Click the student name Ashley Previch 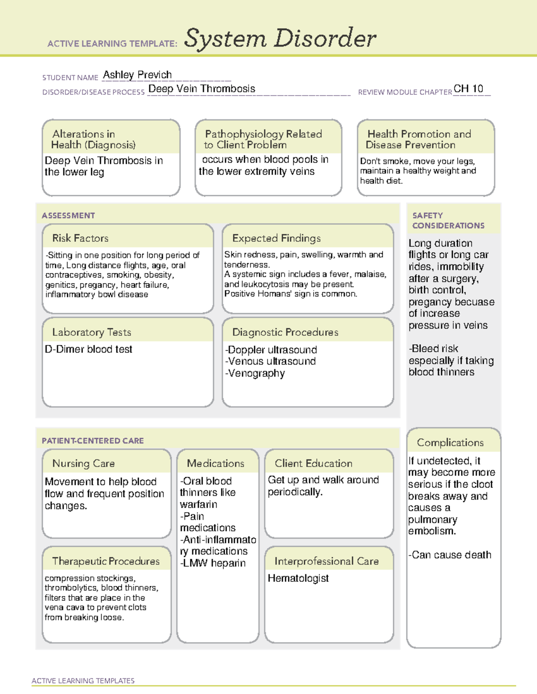point(137,75)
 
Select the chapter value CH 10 point(468,88)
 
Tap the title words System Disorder point(280,38)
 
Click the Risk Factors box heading point(81,238)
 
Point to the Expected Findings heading point(277,238)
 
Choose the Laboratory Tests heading point(92,332)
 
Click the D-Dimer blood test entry point(89,349)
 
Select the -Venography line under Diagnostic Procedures point(255,373)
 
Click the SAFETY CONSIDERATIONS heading point(448,221)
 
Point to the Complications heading point(450,442)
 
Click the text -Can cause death point(450,555)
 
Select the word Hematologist point(298,578)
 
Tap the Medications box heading point(216,463)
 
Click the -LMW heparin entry point(213,563)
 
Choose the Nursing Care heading point(84,463)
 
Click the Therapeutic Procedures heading point(106,561)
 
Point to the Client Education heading point(314,463)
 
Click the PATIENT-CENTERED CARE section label point(93,441)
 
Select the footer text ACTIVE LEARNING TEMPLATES point(83,681)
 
